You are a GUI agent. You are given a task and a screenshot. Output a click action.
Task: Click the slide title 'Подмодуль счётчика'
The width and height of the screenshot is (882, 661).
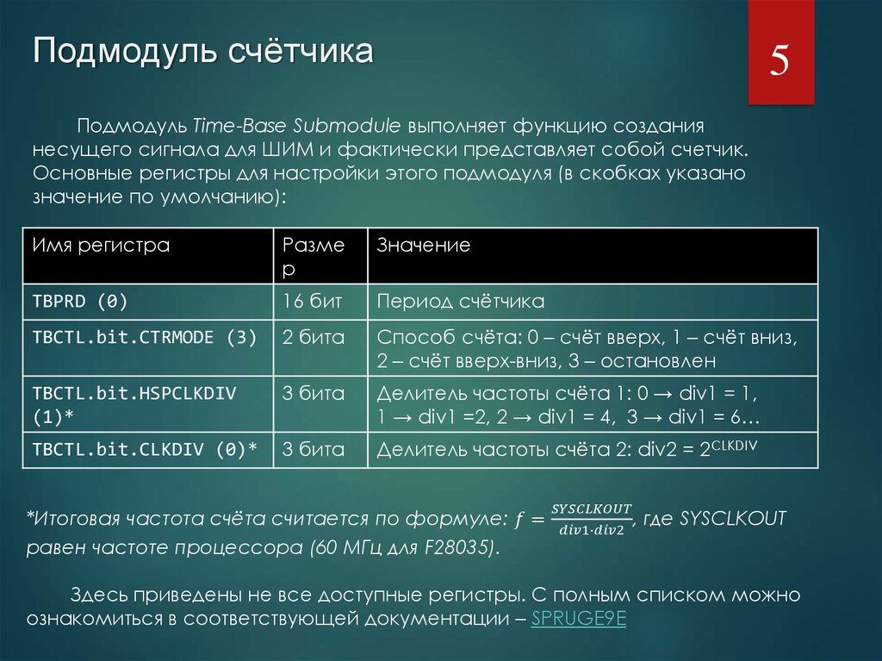[203, 51]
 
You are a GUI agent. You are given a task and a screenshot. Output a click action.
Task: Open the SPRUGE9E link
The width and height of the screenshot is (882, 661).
[578, 619]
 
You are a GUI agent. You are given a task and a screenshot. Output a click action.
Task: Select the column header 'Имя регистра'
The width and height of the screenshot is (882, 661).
[101, 246]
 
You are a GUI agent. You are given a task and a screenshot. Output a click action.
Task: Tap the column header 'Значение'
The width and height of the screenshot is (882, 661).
[424, 246]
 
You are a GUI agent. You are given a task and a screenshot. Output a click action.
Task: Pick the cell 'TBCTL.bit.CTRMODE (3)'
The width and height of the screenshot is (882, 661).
[145, 338]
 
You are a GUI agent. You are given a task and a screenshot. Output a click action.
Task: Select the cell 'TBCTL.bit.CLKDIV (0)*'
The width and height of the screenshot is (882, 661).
[146, 449]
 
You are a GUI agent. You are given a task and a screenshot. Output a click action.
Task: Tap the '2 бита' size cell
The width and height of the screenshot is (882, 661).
[314, 338]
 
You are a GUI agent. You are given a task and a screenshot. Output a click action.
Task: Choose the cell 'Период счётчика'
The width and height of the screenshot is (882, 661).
[461, 302]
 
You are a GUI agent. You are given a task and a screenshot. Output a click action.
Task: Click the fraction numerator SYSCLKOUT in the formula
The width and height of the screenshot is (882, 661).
[592, 508]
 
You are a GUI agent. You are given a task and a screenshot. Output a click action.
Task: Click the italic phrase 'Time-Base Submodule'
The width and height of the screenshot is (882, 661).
[293, 123]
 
